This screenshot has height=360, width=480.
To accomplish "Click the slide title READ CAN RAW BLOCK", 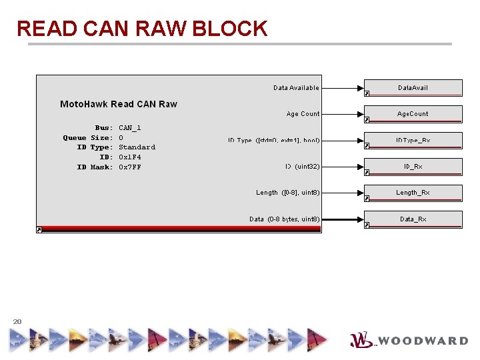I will (142, 29).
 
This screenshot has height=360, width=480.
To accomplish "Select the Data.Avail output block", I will (413, 88).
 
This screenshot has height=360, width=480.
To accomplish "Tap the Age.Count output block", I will (413, 114).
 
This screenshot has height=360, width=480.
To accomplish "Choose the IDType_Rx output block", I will (413, 141).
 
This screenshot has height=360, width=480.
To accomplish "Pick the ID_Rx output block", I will (413, 167).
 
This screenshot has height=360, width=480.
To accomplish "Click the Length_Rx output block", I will (413, 193).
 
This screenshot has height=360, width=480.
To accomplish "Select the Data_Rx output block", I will (413, 219).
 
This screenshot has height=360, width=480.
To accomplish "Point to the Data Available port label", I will (296, 88).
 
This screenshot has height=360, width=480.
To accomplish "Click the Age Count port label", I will (303, 114).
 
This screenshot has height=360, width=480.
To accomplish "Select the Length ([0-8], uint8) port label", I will (287, 193).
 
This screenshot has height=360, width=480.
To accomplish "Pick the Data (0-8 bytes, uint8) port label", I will (284, 219).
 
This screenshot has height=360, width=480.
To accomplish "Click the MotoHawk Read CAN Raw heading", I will (119, 104).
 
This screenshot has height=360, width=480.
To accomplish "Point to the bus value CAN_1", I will (130, 127).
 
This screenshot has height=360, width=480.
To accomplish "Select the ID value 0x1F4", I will (130, 157).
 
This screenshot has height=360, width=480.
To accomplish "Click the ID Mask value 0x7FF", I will (130, 167).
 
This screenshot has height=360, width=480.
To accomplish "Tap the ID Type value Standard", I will (137, 147).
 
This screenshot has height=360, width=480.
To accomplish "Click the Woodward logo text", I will (423, 341).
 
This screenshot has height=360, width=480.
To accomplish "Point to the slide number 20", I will (17, 322).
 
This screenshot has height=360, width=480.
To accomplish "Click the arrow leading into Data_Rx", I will (342, 219).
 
